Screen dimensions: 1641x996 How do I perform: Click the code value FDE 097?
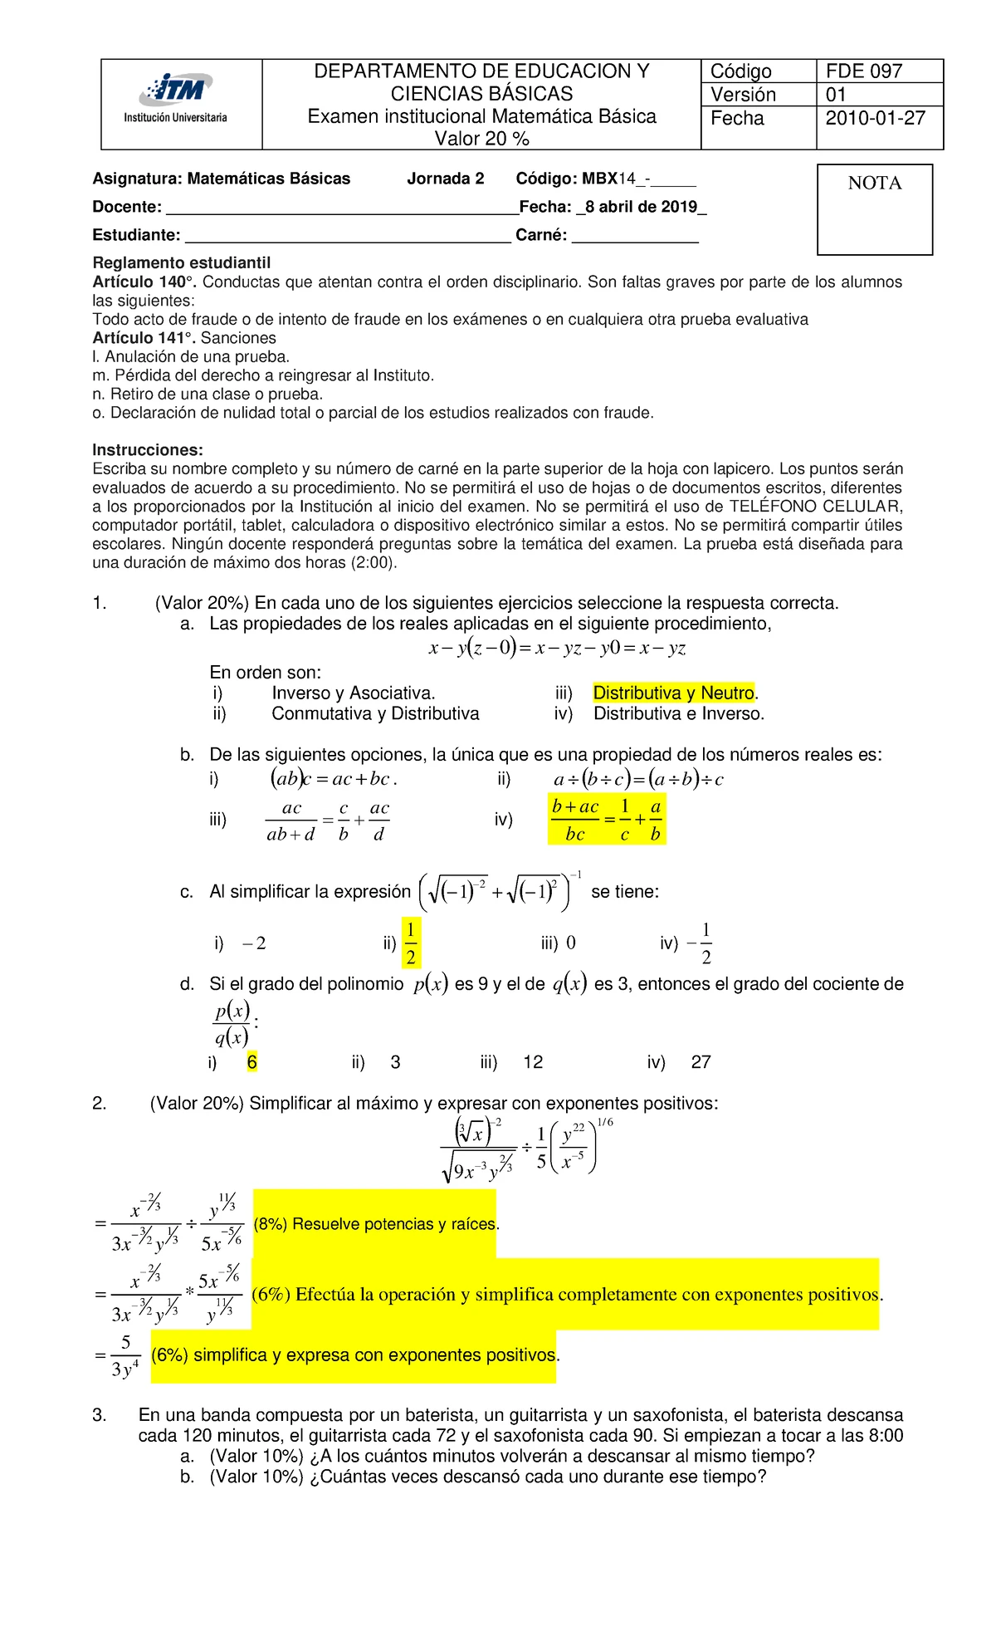[x=863, y=71]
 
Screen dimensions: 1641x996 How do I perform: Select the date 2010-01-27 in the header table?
[x=875, y=118]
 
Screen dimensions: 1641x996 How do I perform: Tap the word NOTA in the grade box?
[x=874, y=184]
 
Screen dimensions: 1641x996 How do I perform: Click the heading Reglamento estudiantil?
[x=182, y=262]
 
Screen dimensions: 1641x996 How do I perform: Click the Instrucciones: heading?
[x=148, y=450]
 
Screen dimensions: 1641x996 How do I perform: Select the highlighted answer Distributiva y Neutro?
[x=673, y=693]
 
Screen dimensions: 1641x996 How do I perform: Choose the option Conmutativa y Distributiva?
[x=375, y=713]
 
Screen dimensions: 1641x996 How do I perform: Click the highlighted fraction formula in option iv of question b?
[x=607, y=820]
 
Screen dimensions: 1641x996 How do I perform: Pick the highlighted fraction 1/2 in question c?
[x=411, y=943]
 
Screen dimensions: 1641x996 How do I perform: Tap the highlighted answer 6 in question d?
[x=252, y=1062]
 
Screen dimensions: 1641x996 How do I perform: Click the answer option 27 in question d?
[x=701, y=1062]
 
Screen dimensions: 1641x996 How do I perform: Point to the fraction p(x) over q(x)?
[x=232, y=1023]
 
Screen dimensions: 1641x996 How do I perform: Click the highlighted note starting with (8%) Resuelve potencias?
[x=375, y=1224]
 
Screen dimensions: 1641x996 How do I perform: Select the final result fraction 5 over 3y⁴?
[x=125, y=1356]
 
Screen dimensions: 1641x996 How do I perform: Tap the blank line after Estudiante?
[x=347, y=236]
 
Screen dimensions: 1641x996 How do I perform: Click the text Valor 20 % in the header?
[x=481, y=139]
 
